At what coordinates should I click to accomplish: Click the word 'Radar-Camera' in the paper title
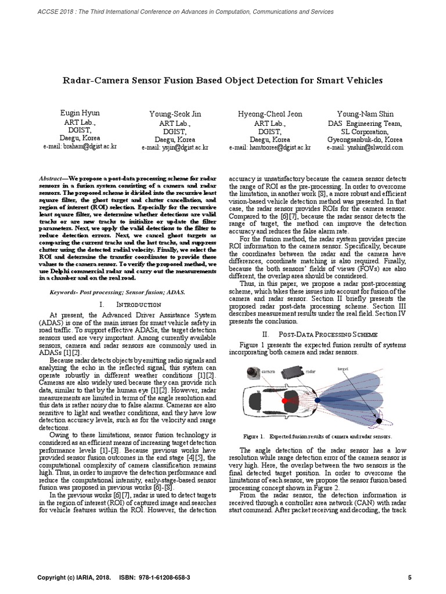[x=93, y=80]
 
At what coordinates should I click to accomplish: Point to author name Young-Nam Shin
[x=364, y=114]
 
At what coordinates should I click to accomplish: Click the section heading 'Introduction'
[x=139, y=304]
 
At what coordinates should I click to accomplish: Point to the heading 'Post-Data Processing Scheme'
[x=328, y=335]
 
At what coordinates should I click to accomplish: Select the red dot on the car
[x=284, y=400]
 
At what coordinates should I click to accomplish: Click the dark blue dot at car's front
[x=317, y=400]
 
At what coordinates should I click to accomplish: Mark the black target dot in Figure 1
[x=379, y=420]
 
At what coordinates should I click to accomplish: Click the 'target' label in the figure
[x=343, y=368]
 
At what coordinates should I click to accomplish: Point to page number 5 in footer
[x=409, y=578]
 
